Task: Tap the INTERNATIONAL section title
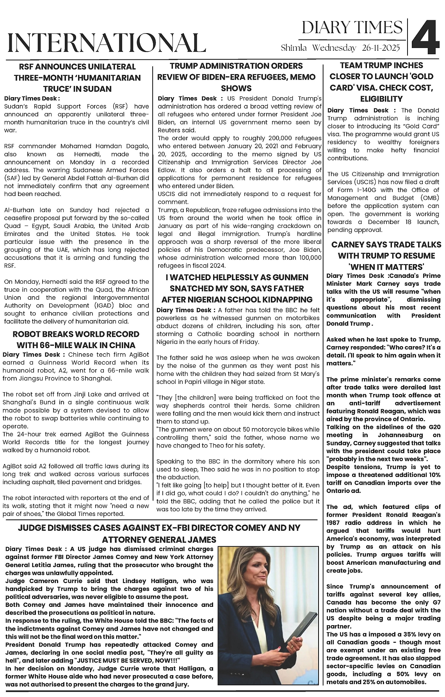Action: [107, 43]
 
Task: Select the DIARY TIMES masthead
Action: [352, 27]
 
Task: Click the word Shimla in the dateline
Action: [294, 48]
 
